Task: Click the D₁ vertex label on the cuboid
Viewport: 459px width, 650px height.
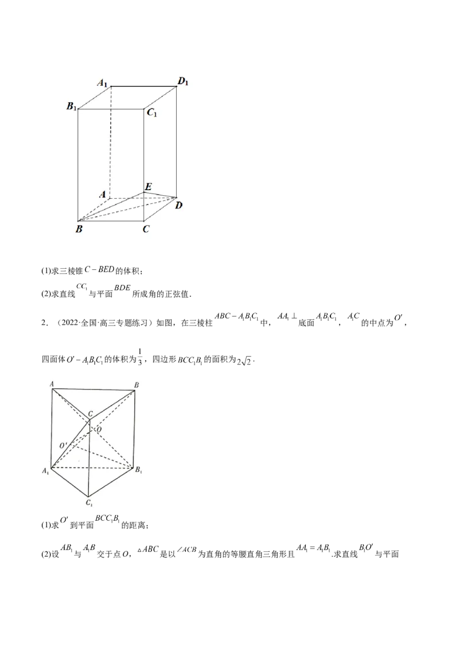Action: click(x=183, y=82)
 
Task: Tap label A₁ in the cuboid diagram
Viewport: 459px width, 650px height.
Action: click(x=103, y=84)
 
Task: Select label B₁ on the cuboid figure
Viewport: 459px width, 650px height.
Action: click(x=72, y=106)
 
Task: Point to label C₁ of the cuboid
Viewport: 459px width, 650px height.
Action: click(x=152, y=113)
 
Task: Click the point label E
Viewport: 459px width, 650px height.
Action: click(x=148, y=187)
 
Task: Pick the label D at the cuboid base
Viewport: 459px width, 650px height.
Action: click(x=179, y=205)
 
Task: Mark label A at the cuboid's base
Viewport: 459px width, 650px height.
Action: click(x=102, y=195)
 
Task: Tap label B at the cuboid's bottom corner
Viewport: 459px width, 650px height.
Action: click(x=78, y=230)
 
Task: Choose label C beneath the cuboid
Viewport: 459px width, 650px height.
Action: click(x=146, y=230)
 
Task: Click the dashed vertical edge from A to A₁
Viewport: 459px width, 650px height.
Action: click(x=110, y=144)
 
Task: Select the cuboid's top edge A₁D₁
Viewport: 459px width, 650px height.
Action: click(x=143, y=87)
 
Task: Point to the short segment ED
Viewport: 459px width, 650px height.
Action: click(x=161, y=194)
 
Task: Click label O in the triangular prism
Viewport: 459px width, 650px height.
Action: click(x=99, y=429)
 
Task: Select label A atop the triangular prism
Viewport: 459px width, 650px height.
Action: click(x=52, y=383)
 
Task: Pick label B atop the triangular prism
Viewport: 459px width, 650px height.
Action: click(x=135, y=384)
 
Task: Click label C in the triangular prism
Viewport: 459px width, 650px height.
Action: click(x=91, y=414)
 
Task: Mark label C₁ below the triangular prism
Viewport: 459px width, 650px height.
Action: click(x=90, y=504)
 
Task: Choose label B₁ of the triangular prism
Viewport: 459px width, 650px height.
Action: click(x=138, y=470)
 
